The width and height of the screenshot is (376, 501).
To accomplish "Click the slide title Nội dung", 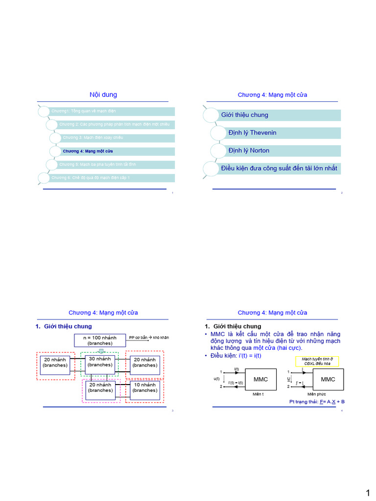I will [x=103, y=95].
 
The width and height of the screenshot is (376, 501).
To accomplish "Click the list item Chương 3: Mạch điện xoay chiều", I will [x=93, y=137].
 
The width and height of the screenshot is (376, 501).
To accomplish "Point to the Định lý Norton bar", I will [x=249, y=150].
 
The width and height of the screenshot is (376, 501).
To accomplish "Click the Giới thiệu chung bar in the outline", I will [x=245, y=115].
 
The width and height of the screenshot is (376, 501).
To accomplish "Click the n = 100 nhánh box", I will [x=100, y=340].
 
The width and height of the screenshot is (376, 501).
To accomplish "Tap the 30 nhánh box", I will [x=100, y=362].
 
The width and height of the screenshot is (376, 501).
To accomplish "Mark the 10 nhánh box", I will [x=145, y=387].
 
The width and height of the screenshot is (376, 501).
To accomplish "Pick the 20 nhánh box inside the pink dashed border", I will [x=100, y=387].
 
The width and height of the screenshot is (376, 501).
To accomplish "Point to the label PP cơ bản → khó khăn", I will [x=148, y=338].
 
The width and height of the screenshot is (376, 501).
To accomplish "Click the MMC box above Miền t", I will [x=260, y=379].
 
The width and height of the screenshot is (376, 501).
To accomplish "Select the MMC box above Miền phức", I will [x=328, y=379].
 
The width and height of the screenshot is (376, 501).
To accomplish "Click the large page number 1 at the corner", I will [x=367, y=492].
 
